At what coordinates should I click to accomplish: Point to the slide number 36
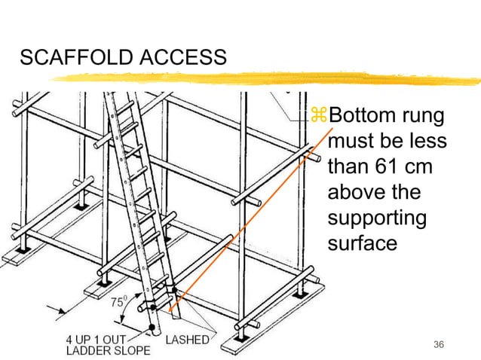pos(440,344)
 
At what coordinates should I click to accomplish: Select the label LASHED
pos(188,340)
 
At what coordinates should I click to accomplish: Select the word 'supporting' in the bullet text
pos(377,220)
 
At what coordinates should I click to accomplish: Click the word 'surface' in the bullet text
pos(363,246)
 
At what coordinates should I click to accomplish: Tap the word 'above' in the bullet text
pos(358,194)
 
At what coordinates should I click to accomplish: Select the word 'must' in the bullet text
pos(353,142)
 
